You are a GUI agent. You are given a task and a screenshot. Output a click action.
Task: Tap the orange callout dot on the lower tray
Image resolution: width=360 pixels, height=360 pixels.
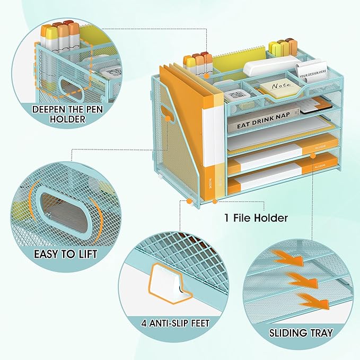[313, 155]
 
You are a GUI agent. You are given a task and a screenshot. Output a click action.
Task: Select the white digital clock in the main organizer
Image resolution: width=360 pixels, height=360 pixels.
[233, 96]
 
